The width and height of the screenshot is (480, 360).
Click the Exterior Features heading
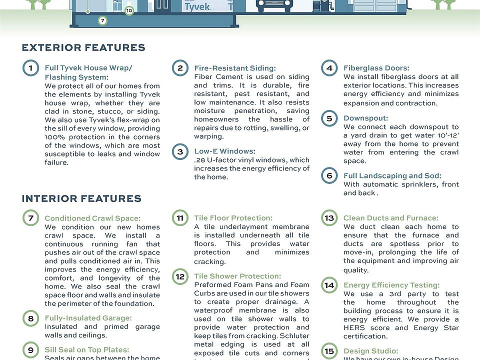pyautogui.click(x=83, y=48)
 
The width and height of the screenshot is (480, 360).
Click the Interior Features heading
pyautogui.click(x=81, y=198)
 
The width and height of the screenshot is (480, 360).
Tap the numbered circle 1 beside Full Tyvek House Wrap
pyautogui.click(x=31, y=68)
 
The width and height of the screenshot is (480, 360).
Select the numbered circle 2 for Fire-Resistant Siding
pyautogui.click(x=180, y=68)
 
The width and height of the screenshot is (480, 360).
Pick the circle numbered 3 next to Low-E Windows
pyautogui.click(x=180, y=151)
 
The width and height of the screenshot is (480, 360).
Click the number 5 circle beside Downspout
pyautogui.click(x=329, y=119)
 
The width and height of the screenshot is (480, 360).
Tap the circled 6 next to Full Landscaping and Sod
pyautogui.click(x=329, y=176)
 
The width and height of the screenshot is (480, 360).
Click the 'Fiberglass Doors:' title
pyautogui.click(x=376, y=68)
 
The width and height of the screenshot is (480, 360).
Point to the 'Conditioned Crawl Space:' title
pyautogui.click(x=92, y=218)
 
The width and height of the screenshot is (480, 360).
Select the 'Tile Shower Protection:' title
pyautogui.click(x=237, y=276)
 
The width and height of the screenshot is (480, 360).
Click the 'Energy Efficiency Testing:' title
pyautogui.click(x=391, y=285)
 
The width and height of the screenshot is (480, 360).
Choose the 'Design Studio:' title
pyautogui.click(x=370, y=351)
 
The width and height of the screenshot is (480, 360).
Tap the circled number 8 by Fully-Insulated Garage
pyautogui.click(x=31, y=318)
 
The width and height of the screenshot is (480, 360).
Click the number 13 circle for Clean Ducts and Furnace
pyautogui.click(x=329, y=218)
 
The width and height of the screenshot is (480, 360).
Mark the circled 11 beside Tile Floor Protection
pyautogui.click(x=180, y=218)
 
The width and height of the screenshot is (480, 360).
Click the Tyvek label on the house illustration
pyautogui.click(x=196, y=7)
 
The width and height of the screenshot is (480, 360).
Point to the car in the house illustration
pyautogui.click(x=274, y=6)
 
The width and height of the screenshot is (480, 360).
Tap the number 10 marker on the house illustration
pyautogui.click(x=129, y=10)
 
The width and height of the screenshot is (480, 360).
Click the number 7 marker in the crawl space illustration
pyautogui.click(x=102, y=21)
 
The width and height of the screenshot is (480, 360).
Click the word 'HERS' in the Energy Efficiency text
pyautogui.click(x=354, y=328)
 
